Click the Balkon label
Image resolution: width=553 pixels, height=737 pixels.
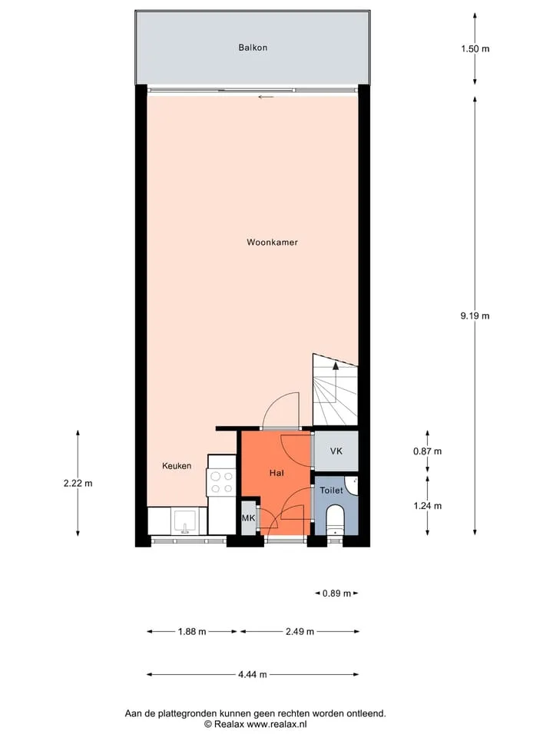253,48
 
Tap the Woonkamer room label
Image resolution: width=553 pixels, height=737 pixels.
272,243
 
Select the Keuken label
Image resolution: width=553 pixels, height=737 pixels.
177,466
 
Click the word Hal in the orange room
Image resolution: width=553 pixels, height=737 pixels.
276,473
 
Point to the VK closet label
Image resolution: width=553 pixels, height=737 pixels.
336,451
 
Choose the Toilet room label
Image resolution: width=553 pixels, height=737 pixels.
332,491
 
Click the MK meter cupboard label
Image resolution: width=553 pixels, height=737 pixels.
248,518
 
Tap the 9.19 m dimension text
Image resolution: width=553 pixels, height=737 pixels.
475,316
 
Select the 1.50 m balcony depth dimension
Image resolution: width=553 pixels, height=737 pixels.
475,48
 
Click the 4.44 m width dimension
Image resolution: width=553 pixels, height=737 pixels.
253,675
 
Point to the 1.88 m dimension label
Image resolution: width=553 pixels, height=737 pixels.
192,632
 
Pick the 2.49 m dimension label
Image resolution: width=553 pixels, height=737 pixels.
300,632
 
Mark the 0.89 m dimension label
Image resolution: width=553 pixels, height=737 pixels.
336,593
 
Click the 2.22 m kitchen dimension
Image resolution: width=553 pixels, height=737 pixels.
78,483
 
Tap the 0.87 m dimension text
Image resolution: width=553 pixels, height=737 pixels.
428,451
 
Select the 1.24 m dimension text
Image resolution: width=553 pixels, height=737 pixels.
428,506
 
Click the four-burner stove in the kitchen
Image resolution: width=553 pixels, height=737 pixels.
222,483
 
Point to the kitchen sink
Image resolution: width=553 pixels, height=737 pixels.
185,522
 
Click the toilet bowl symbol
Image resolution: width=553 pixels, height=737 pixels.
336,518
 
